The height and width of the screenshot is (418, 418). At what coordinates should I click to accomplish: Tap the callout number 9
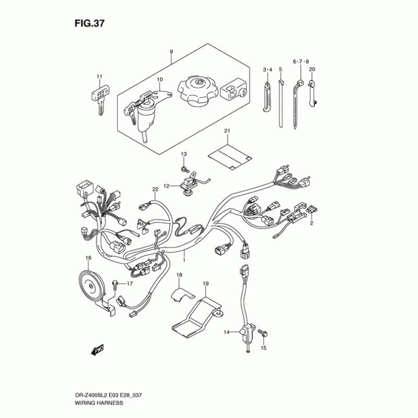pos(171,51)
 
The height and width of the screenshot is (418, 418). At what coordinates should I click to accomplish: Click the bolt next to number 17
pos(114,284)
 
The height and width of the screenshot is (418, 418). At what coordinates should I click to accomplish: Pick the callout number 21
pos(227,130)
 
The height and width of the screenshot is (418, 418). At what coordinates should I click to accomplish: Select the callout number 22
pos(155,189)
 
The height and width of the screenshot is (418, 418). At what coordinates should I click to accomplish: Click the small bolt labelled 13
pos(184,168)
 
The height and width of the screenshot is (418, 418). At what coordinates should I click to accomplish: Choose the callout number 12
pos(166,185)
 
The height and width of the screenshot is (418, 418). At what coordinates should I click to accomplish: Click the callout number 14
pos(227,332)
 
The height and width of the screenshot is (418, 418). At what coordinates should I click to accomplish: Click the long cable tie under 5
pos(281,104)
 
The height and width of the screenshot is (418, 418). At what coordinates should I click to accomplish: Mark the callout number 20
pos(312,69)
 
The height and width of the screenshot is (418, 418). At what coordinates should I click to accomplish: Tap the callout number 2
pos(312,224)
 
